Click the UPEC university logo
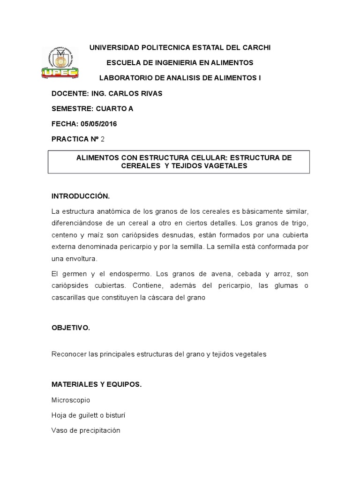[x=60, y=63]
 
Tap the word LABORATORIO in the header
[x=127, y=78]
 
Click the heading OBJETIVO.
[x=70, y=328]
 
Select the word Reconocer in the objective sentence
[x=67, y=354]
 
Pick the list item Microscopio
[x=71, y=400]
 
